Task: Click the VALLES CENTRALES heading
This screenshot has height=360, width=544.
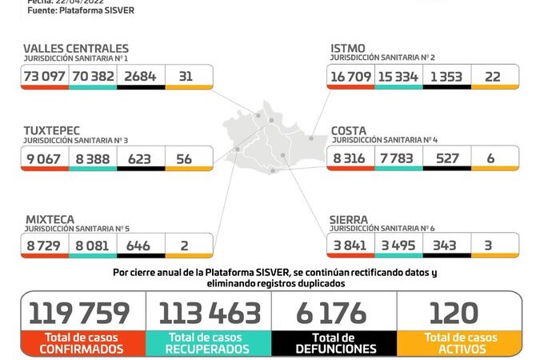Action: (x=76, y=49)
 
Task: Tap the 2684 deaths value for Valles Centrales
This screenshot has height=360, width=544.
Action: (x=140, y=76)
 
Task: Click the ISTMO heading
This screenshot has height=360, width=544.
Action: (x=348, y=49)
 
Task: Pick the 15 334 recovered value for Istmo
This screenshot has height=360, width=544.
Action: (x=398, y=76)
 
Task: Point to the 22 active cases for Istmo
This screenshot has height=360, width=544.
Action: (x=494, y=76)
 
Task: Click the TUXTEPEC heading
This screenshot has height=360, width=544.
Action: (x=58, y=130)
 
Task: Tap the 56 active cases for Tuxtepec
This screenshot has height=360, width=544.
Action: (x=184, y=158)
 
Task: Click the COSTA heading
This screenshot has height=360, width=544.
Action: (x=349, y=130)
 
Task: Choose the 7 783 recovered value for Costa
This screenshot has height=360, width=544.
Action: (x=398, y=158)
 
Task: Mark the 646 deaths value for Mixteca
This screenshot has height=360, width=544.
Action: (x=139, y=245)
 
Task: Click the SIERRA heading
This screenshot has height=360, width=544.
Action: (x=350, y=218)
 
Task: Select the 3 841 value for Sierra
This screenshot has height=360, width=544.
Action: (x=350, y=245)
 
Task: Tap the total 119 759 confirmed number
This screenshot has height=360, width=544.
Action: (x=78, y=313)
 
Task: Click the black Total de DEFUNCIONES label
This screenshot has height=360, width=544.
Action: (x=334, y=343)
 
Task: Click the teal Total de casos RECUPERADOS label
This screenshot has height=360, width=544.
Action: (x=209, y=343)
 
